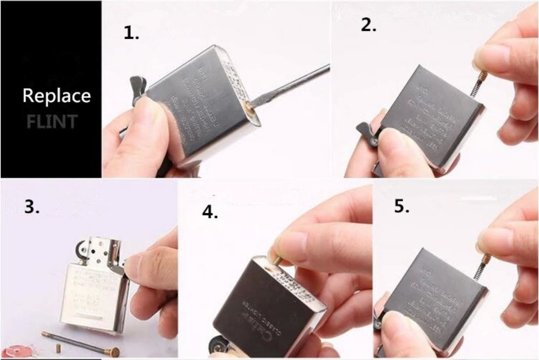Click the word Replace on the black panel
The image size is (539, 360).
(56, 96)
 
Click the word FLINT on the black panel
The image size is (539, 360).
(52, 121)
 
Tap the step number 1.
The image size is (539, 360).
(131, 33)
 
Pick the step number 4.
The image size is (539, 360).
(210, 212)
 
